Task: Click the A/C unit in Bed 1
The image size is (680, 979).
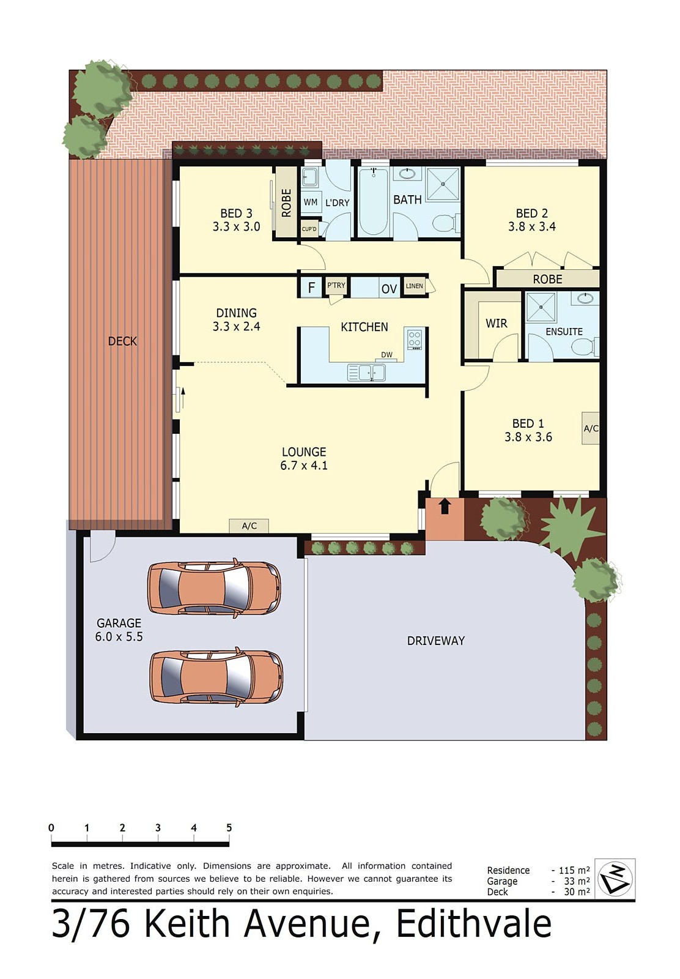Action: [x=590, y=428]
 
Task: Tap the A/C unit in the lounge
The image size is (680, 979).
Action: [x=249, y=526]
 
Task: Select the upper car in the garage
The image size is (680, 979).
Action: [x=214, y=588]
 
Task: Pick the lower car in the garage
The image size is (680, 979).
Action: [x=216, y=677]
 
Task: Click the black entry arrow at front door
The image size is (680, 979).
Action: [x=445, y=505]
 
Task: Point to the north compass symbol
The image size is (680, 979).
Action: [x=615, y=878]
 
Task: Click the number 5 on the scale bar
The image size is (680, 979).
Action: [x=229, y=828]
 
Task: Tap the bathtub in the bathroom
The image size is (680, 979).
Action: [x=373, y=201]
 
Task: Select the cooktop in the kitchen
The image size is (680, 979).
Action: [x=415, y=339]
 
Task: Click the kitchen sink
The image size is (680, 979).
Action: [x=366, y=372]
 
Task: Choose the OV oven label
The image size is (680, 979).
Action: [x=389, y=288]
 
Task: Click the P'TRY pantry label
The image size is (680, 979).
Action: [x=336, y=285]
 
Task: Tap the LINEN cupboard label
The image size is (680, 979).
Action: [x=414, y=286]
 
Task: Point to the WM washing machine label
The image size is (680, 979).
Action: [x=311, y=202]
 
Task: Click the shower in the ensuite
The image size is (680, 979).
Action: [x=541, y=307]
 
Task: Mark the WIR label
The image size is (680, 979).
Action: [x=496, y=323]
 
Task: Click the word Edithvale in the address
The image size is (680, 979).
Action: [x=474, y=924]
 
